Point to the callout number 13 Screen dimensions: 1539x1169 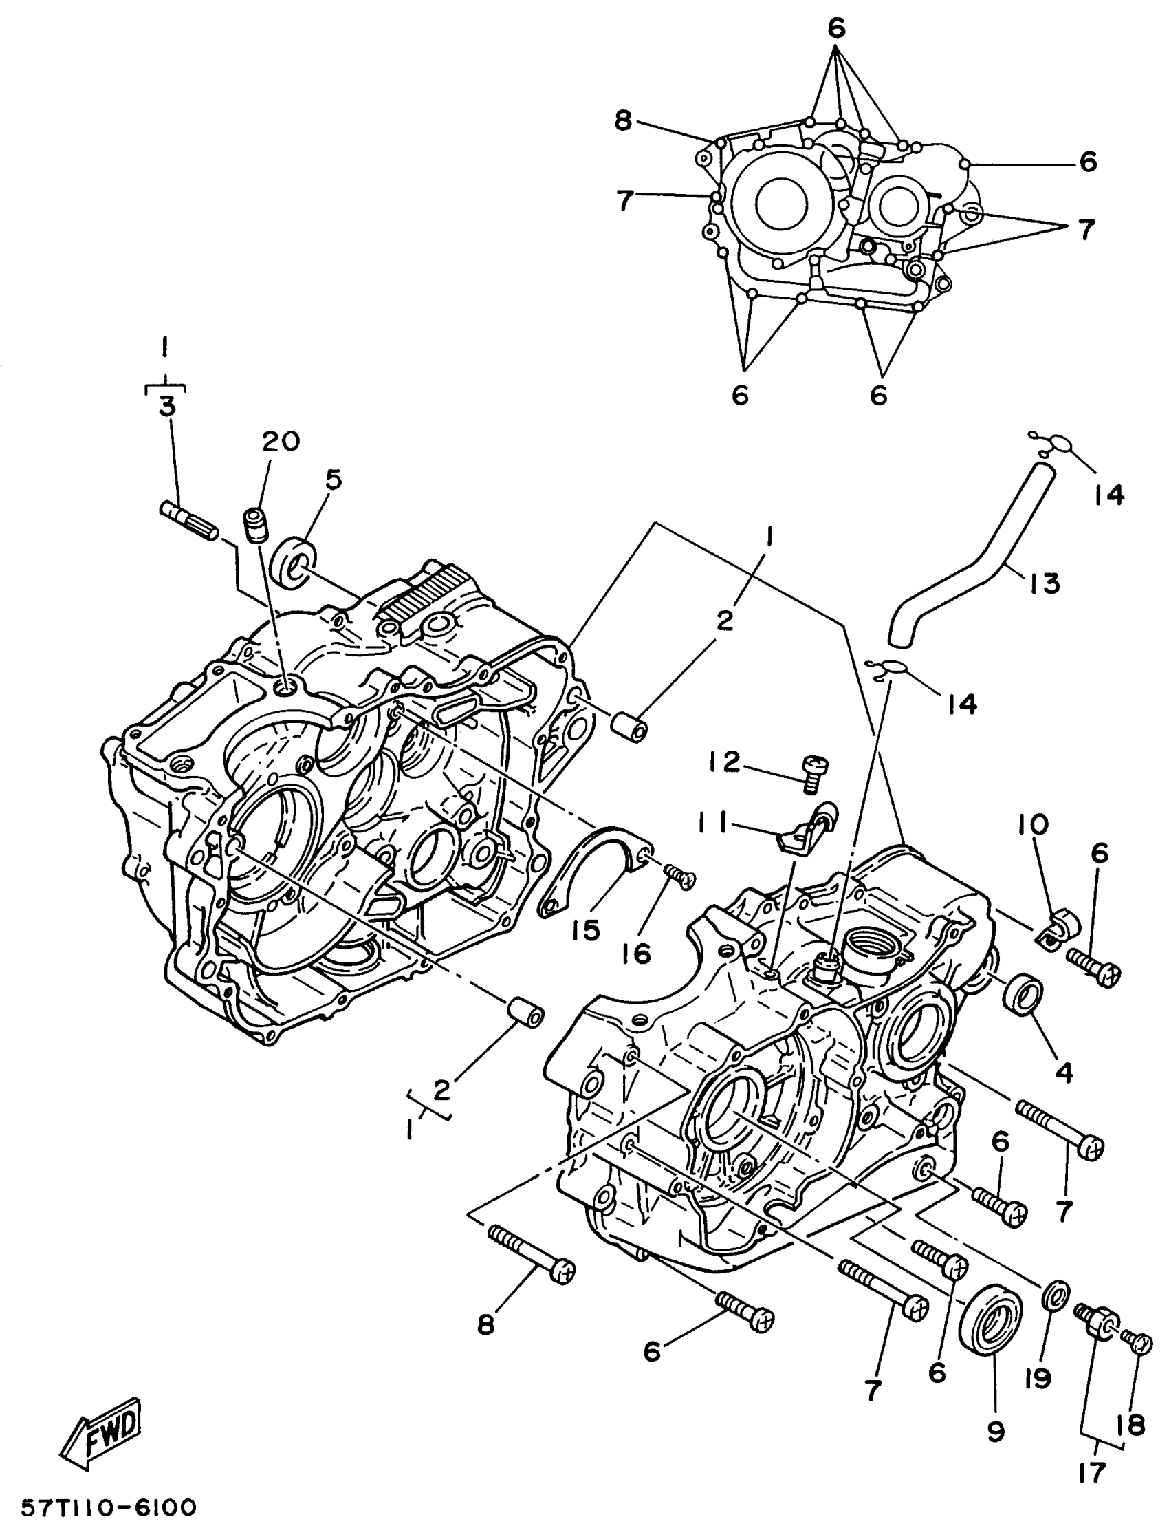point(1045,583)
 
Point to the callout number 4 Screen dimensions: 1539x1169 point(1064,1073)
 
